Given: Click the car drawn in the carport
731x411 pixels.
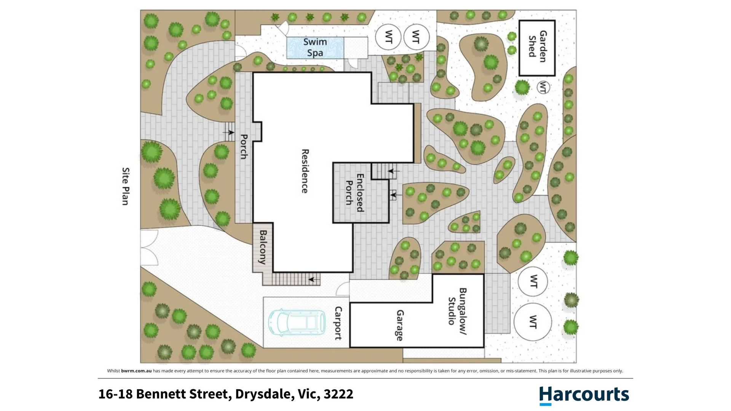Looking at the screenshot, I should pos(297,322).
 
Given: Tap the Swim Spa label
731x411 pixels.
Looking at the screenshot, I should pos(315,47).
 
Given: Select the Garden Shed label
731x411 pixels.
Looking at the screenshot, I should pos(538,46).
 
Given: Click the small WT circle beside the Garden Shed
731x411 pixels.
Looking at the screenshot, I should pos(543,88).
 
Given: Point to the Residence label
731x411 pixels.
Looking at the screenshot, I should pos(305,171).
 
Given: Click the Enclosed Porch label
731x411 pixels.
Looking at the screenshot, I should pos(354,193).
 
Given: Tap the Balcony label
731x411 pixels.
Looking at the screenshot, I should pos(263,247).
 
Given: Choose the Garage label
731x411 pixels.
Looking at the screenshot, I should pos(400,325).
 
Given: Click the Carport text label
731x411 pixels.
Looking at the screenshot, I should pos(338,323).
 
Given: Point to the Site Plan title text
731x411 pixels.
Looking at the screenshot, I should pos(126,186).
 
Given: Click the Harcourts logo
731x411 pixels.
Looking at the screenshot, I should pos(584,395).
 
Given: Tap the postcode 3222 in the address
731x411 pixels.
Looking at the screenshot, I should pos(338,394).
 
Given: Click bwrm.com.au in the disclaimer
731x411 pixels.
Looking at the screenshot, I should pos(136,371).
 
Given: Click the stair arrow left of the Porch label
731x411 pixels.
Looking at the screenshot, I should pos(228,132).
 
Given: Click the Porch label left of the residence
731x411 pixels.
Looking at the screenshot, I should pos(244,147).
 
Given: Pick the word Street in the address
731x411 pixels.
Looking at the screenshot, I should pos(210,394).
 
